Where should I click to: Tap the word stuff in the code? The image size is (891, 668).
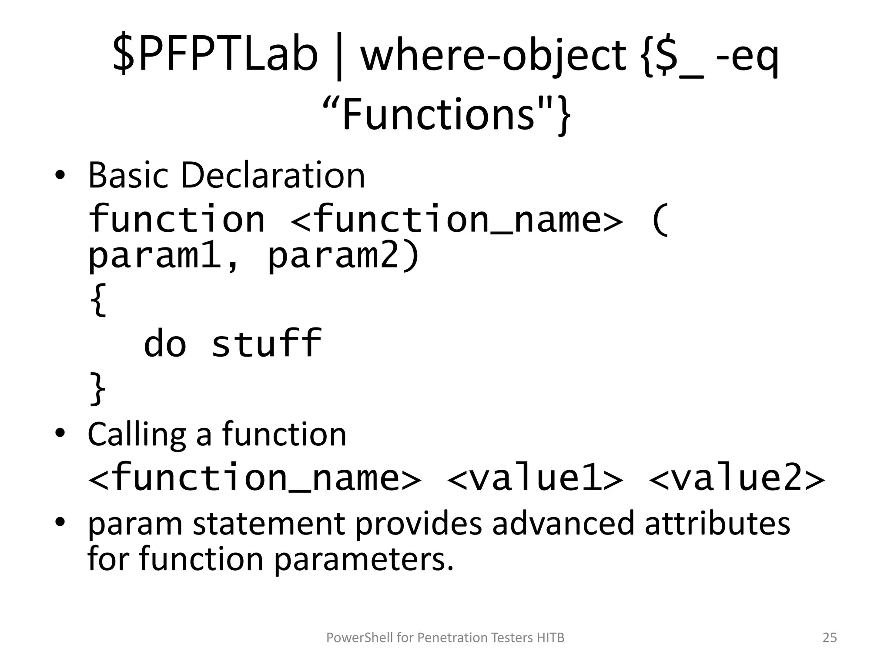(x=266, y=344)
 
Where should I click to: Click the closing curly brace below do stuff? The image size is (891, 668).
(x=97, y=388)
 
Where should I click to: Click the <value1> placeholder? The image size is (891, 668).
(x=535, y=478)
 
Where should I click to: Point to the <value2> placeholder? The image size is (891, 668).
(x=737, y=478)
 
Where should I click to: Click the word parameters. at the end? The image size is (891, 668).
(x=364, y=559)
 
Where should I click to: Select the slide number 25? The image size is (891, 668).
(x=830, y=638)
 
